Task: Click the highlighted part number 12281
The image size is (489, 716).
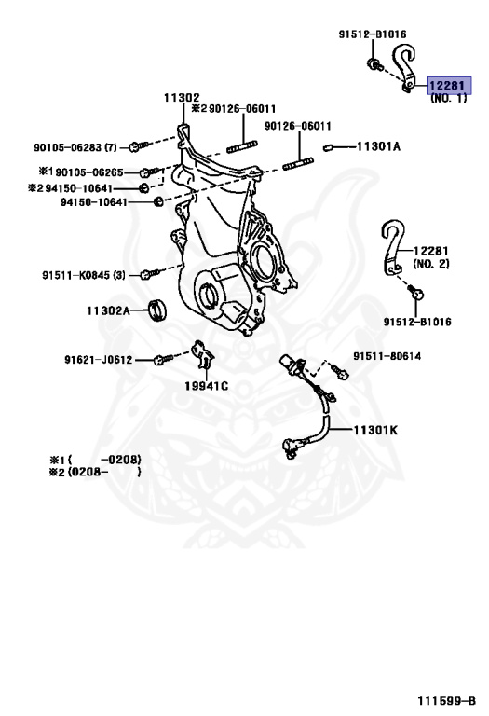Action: pos(447,86)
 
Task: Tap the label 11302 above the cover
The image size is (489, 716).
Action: pos(182,98)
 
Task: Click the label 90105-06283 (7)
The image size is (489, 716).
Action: pos(76,146)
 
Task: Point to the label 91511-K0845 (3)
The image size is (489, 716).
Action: pos(82,275)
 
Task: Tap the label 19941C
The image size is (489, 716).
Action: pos(205,385)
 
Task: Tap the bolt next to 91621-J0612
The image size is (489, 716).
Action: pos(162,358)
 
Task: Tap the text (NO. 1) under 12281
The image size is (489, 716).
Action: pos(448,99)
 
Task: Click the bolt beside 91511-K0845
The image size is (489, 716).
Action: pos(145,275)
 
